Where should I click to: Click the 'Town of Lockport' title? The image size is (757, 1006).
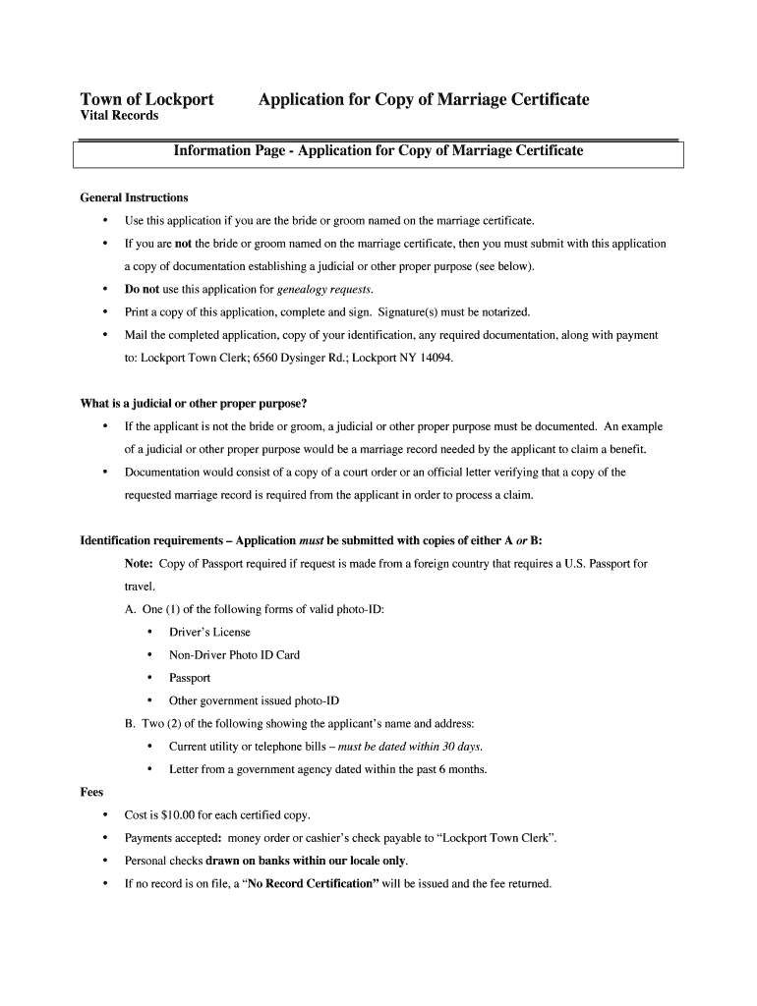[x=146, y=99]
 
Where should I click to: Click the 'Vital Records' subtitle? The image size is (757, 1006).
[x=119, y=116]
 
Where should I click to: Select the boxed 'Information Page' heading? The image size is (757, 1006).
[x=378, y=151]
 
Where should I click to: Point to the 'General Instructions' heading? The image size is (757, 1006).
[x=134, y=197]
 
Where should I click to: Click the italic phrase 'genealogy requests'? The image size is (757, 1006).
[x=324, y=290]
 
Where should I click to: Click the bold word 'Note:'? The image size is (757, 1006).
[x=139, y=564]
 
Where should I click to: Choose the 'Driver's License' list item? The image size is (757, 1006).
[x=209, y=633]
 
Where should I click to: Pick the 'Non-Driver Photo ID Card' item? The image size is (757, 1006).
[x=234, y=655]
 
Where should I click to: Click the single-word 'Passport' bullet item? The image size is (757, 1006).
[x=190, y=678]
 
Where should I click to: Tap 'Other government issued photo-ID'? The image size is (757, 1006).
[x=254, y=700]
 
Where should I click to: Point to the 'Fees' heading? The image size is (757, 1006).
[x=91, y=792]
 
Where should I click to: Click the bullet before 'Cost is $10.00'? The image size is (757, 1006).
[x=105, y=815]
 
